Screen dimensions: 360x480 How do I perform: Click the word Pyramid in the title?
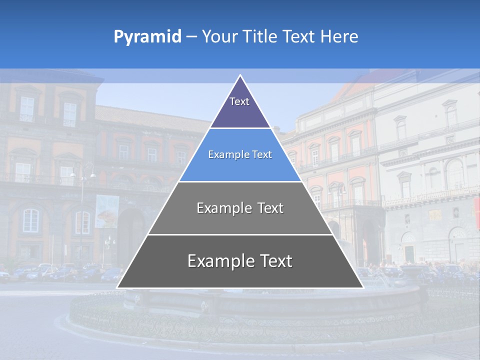coord(147,37)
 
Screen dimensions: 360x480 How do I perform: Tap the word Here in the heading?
coord(339,37)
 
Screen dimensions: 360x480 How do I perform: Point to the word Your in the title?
coord(219,37)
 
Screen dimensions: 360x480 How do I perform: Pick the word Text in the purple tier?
coord(239,101)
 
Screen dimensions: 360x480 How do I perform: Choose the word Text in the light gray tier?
coord(270,208)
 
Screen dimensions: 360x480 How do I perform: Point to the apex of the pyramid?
coord(240,75)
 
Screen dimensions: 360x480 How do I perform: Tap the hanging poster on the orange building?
coord(107,211)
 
